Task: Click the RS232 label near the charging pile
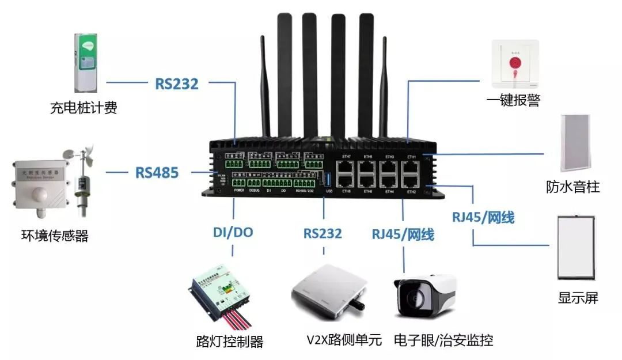pyautogui.click(x=176, y=84)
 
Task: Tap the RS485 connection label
pyautogui.click(x=157, y=172)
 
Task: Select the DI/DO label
pyautogui.click(x=233, y=233)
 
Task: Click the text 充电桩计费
pyautogui.click(x=84, y=108)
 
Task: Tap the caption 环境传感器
pyautogui.click(x=51, y=236)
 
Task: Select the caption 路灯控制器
pyautogui.click(x=230, y=342)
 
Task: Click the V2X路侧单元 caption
pyautogui.click(x=344, y=340)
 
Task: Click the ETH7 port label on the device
pyautogui.click(x=346, y=157)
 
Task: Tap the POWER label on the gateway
pyautogui.click(x=240, y=190)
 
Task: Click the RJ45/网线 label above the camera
pyautogui.click(x=403, y=234)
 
